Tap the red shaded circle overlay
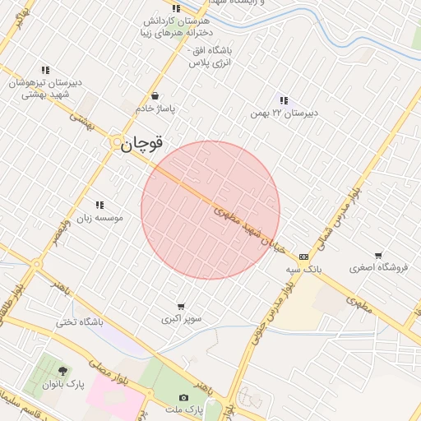(210, 210)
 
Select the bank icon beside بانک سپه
(304, 257)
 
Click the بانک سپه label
(304, 269)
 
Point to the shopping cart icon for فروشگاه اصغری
(377, 256)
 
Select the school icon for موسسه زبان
(100, 205)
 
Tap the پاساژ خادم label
(155, 109)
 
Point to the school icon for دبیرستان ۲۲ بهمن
(284, 100)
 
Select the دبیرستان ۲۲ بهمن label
(284, 113)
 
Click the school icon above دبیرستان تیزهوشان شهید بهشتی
(44, 71)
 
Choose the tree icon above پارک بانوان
(63, 372)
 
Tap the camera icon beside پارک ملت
(183, 397)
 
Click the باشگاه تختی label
(79, 322)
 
